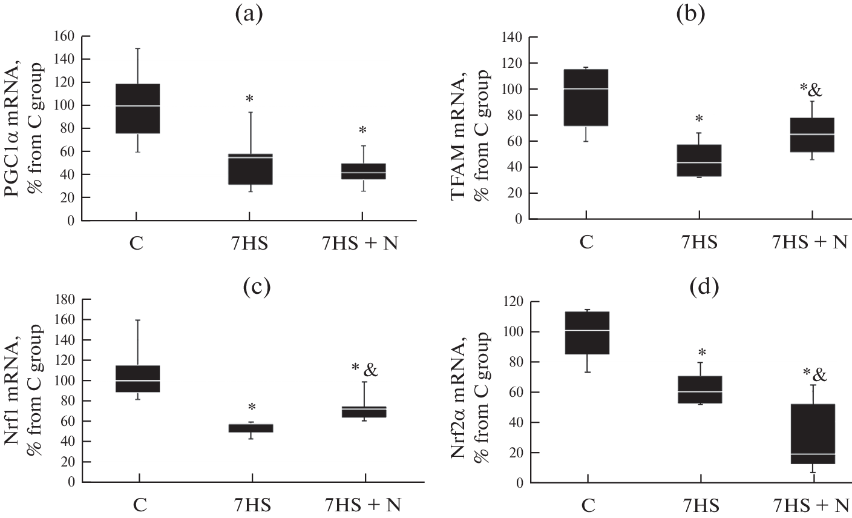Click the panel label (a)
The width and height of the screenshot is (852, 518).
pyautogui.click(x=249, y=13)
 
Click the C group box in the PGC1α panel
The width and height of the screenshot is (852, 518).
pyautogui.click(x=137, y=108)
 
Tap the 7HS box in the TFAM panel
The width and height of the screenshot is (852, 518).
pyautogui.click(x=700, y=160)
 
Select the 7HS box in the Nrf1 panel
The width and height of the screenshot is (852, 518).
pyautogui.click(x=251, y=428)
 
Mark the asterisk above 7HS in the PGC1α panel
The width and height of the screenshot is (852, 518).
pyautogui.click(x=249, y=98)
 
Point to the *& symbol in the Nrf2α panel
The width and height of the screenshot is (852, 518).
pyautogui.click(x=814, y=374)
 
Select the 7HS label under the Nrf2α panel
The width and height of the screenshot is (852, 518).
pyautogui.click(x=700, y=504)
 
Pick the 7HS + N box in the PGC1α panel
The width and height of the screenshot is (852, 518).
pyautogui.click(x=363, y=171)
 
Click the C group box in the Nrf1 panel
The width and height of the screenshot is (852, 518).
pyautogui.click(x=139, y=379)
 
